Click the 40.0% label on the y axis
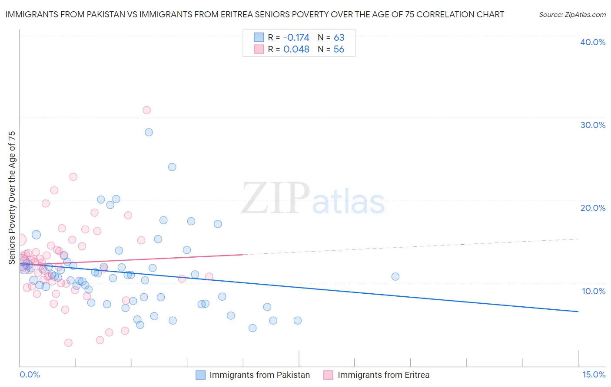tap(593, 42)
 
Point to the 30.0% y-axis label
tap(593, 125)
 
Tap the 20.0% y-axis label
tap(593, 208)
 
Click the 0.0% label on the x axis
tap(30, 374)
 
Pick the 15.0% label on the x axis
tap(594, 374)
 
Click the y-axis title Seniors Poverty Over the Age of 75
tap(12, 197)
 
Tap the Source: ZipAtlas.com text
tap(572, 15)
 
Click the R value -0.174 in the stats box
tap(296, 37)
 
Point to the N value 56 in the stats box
tap(339, 49)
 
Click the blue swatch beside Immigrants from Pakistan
tap(200, 375)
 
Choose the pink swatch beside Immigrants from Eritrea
tap(328, 375)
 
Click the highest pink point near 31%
tap(146, 110)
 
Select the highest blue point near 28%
tap(149, 132)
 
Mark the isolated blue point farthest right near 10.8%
tap(395, 276)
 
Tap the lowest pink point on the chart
tap(68, 343)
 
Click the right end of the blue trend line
tap(578, 312)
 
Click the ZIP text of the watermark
tap(275, 198)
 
